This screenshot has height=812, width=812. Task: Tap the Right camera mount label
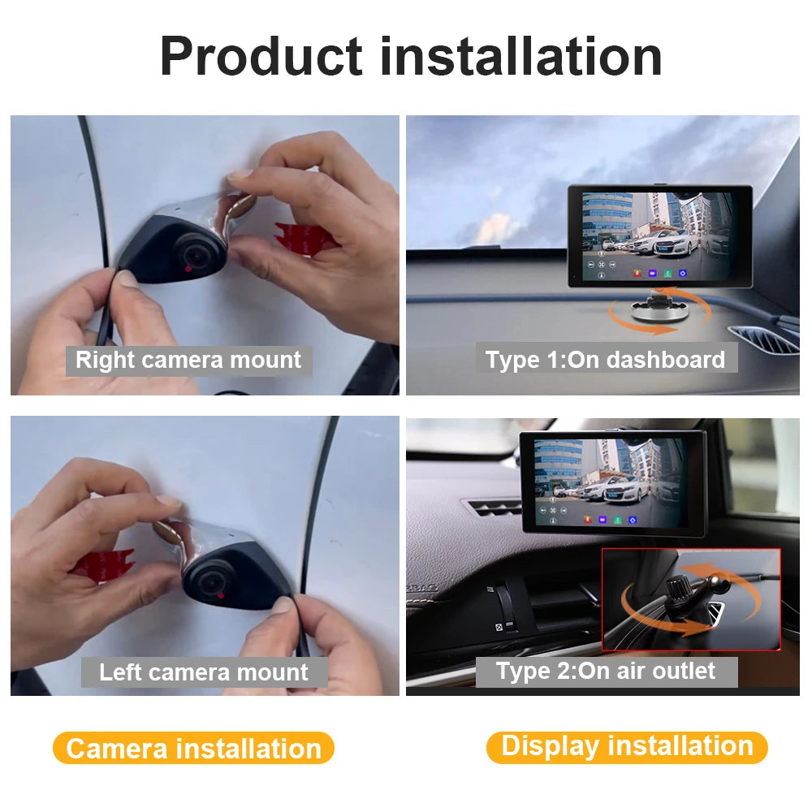pos(188,360)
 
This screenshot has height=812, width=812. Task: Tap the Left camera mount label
pos(204,672)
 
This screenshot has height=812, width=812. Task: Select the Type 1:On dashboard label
pos(605,360)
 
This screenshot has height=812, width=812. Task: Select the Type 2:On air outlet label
pos(606,671)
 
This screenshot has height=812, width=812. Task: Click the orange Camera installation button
pos(193,748)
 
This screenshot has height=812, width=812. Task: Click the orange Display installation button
pos(627,746)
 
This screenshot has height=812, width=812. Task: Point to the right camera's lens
pos(192,254)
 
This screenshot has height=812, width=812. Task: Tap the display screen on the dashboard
pos(659,235)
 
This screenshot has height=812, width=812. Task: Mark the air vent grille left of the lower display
pos(492,507)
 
